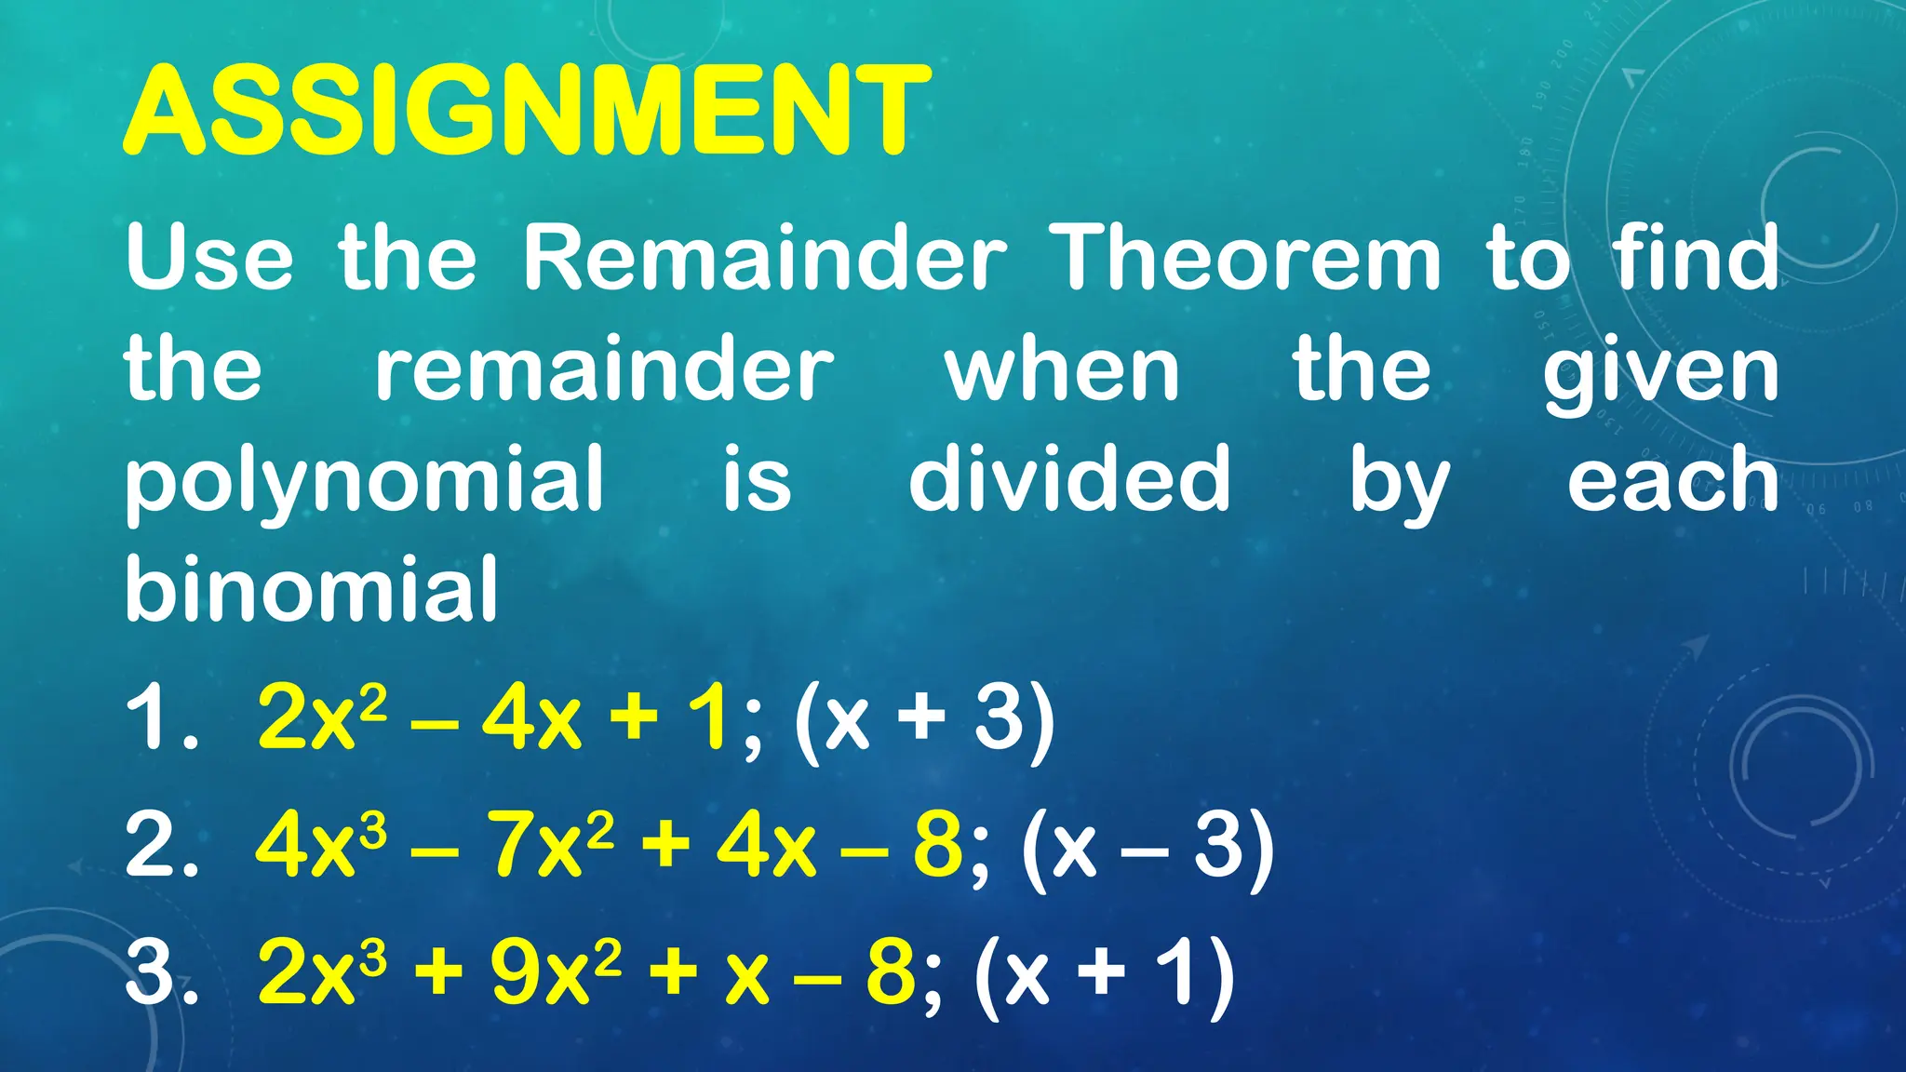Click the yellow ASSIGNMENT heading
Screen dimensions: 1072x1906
527,110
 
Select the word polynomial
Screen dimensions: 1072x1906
365,480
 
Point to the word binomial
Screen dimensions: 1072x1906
312,589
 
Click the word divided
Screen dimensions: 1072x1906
1069,478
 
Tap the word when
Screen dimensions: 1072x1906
1063,370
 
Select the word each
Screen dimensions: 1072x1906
1672,480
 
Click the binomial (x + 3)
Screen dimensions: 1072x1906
925,718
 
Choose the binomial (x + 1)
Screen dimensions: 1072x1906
1104,973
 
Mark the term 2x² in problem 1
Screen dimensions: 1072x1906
321,718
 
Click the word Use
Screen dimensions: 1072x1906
210,258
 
